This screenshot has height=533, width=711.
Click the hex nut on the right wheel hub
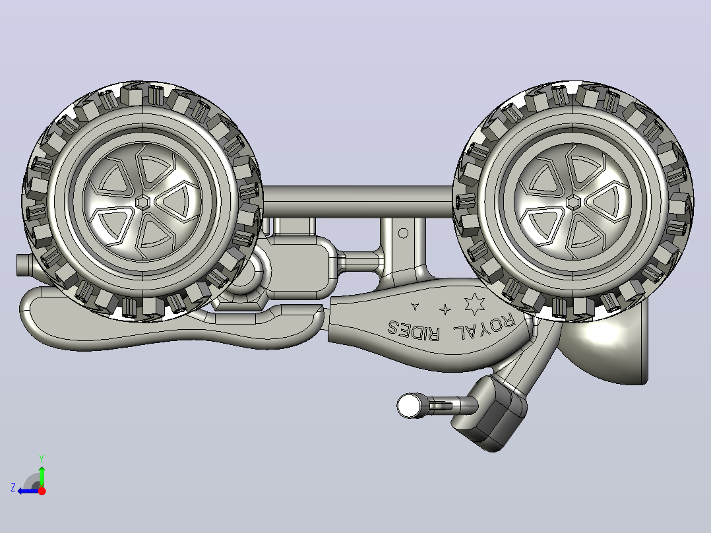coord(574,203)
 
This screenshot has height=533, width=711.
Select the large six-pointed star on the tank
coord(474,304)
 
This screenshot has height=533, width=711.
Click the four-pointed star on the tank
coord(445,309)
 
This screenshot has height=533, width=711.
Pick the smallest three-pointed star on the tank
coord(414,306)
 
